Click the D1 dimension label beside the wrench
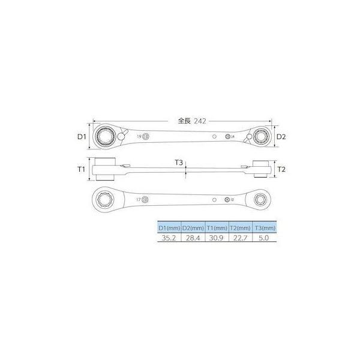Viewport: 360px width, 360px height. [83, 137]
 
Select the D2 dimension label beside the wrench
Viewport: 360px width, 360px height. [280, 137]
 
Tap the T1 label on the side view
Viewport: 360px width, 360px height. [83, 170]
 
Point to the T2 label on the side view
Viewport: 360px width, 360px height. [280, 170]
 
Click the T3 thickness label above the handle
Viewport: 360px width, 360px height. [179, 163]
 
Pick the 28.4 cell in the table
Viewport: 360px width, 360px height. [191, 238]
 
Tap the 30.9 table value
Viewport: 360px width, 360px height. [215, 238]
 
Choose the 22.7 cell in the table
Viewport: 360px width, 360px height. [240, 238]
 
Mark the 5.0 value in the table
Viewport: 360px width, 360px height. [264, 238]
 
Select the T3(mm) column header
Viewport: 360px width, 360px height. [264, 228]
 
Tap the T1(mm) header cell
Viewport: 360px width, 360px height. [215, 228]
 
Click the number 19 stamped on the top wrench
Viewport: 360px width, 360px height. [139, 137]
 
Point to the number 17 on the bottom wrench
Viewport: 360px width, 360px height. [139, 198]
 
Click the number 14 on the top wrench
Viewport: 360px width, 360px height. [233, 137]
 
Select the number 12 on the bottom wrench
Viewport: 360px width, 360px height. [232, 198]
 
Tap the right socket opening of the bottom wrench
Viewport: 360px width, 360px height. [262, 197]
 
